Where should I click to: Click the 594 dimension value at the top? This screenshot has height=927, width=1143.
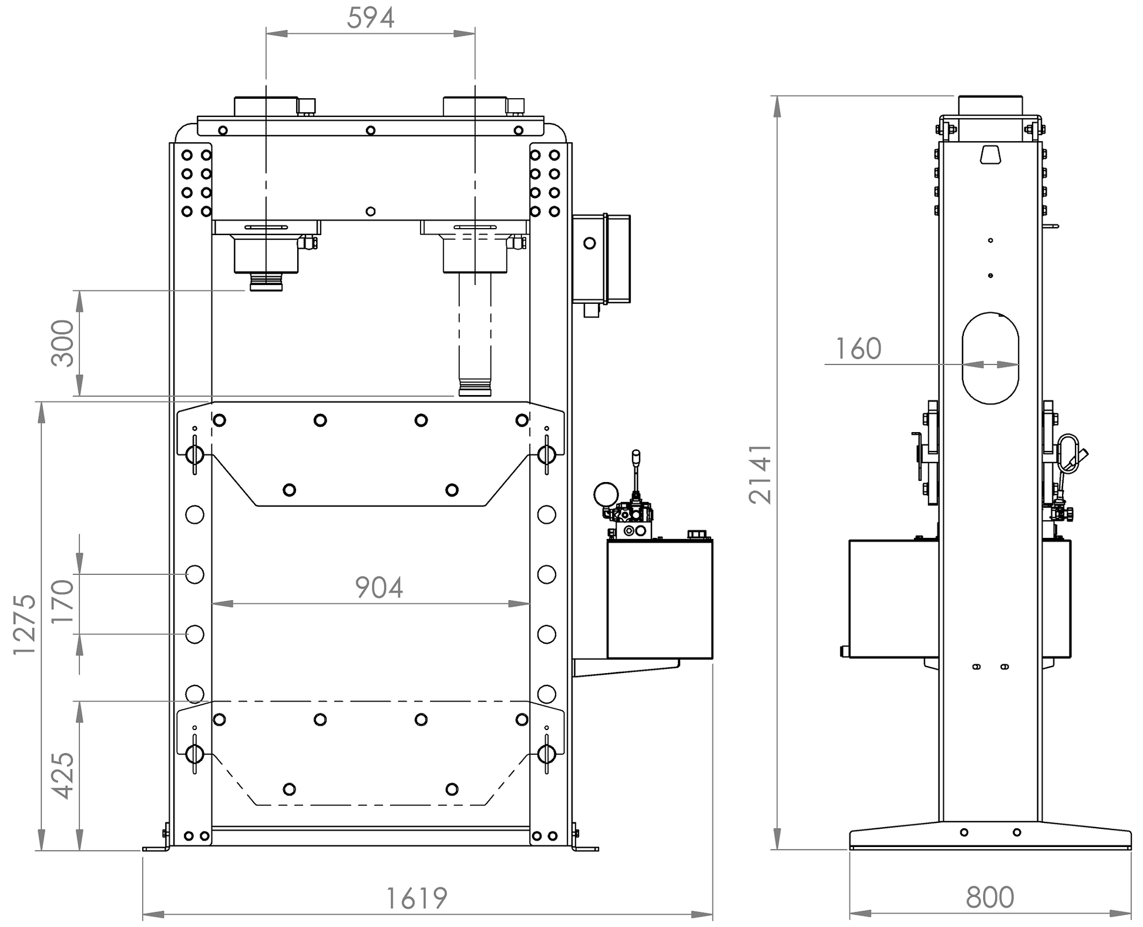click(x=370, y=18)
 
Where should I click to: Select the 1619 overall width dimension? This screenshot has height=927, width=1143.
click(x=416, y=898)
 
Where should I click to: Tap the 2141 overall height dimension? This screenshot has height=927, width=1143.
click(x=761, y=473)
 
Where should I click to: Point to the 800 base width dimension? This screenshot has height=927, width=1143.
click(x=990, y=898)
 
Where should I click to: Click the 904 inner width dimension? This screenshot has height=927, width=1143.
click(x=379, y=587)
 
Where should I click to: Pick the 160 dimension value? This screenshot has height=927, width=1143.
click(x=858, y=349)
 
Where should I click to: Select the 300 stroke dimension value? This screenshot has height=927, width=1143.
click(x=63, y=343)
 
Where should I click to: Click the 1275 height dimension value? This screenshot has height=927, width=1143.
click(x=25, y=625)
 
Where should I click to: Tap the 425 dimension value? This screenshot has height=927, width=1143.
click(x=63, y=775)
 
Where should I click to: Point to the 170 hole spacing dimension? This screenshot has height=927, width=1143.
click(x=63, y=601)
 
